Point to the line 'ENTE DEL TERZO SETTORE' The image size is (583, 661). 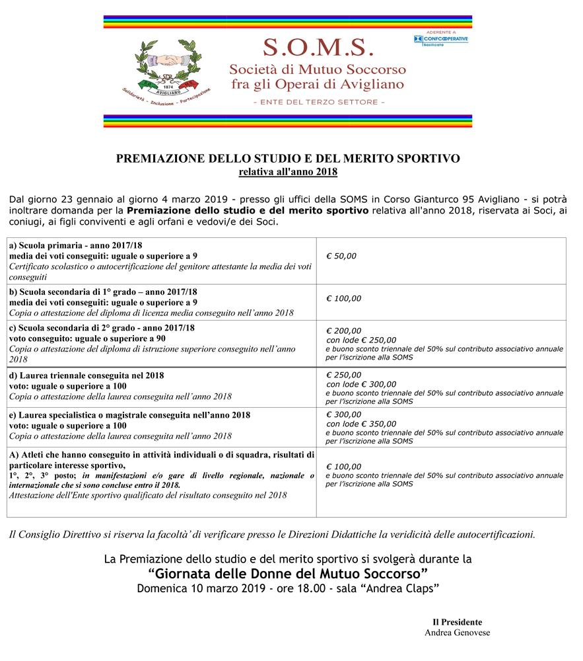318,102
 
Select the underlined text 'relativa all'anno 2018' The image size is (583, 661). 288,172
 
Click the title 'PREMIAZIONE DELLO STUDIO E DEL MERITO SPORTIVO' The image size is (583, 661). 288,159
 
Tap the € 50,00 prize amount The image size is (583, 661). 341,256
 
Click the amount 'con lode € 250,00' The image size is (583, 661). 361,340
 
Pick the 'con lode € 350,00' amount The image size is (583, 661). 361,424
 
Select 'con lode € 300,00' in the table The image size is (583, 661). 361,383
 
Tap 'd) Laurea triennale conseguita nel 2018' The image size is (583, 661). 86,375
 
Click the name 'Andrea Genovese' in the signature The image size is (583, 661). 457,632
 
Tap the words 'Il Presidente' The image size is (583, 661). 457,622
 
